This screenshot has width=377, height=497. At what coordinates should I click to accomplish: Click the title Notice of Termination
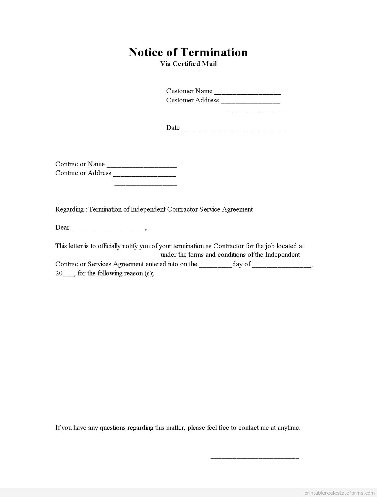(188, 52)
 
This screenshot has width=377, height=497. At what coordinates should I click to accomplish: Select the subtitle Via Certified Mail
(188, 64)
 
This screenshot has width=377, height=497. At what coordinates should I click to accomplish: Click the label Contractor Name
(80, 164)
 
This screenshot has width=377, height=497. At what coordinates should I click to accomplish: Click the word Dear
(62, 227)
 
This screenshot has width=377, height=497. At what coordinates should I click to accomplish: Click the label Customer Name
(189, 91)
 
